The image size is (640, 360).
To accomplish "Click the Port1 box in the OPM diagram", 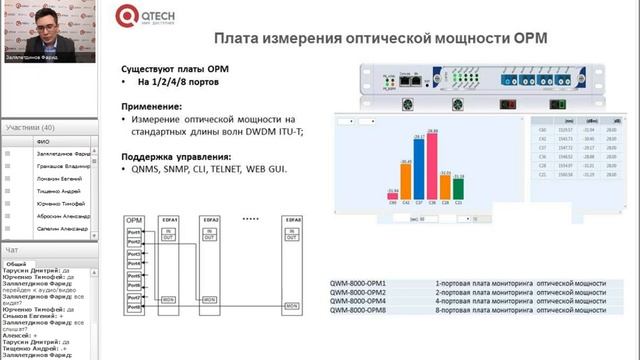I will coord(134,232).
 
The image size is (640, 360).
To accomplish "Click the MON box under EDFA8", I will coord(293,299).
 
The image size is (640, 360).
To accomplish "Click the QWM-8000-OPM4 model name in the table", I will coord(357,301).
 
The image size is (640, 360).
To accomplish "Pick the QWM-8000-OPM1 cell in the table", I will coord(357,283).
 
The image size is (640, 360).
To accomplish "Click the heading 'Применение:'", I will coord(153,105).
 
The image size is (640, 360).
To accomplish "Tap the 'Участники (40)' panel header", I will coord(31,128).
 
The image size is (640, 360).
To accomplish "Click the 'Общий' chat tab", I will coord(17,263).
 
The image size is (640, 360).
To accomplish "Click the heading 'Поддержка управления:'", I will coord(176,156).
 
